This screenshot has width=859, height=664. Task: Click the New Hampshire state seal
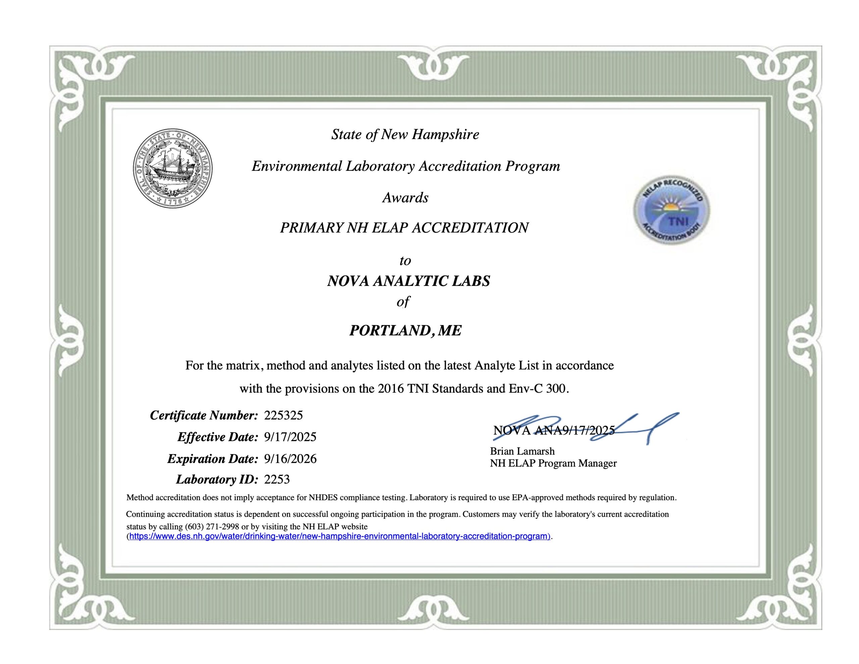point(172,168)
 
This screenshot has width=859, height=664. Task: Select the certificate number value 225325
point(283,415)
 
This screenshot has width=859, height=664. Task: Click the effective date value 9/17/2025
point(290,437)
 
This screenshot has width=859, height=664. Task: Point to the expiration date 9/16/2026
point(290,459)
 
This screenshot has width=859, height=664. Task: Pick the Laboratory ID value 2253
point(277,479)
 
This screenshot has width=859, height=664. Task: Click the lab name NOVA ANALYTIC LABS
point(409,281)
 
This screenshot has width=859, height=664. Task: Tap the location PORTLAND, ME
point(405,330)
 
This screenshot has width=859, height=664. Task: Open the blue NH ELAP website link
point(339,536)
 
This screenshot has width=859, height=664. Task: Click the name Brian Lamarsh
point(522,451)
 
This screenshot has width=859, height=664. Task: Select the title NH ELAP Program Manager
point(553,463)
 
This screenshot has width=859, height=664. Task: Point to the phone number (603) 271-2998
point(212,527)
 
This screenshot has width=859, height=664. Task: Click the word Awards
point(405,198)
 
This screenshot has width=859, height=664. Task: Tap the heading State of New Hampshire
point(405,135)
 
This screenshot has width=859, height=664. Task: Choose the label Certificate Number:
point(204,415)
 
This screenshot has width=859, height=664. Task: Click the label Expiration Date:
point(212,459)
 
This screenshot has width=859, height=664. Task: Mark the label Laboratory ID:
point(217,479)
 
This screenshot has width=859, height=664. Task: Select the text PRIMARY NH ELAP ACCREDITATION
point(404,228)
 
